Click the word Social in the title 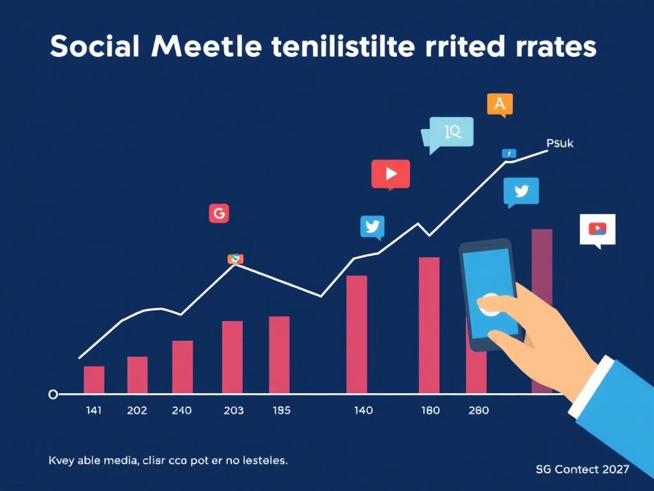click(94, 47)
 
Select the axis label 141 click(93, 410)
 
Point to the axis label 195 click(281, 410)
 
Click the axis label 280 click(478, 410)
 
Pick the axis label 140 click(363, 410)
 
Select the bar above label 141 click(94, 380)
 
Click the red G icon click(219, 214)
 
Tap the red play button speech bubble click(390, 174)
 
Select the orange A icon click(500, 105)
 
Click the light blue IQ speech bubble click(451, 132)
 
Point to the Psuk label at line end click(560, 143)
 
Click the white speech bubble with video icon click(597, 230)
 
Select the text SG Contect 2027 click(581, 470)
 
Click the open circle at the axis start click(53, 394)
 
